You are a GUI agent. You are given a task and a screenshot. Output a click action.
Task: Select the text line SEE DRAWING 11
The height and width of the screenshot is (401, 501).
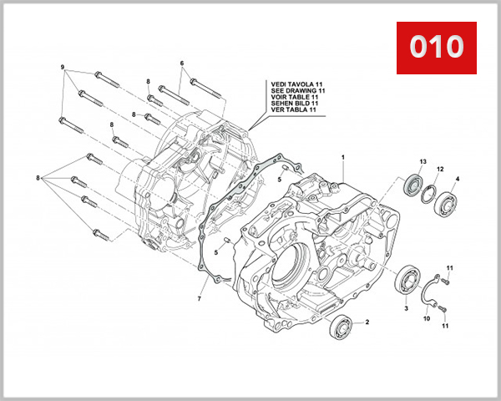tap(294, 90)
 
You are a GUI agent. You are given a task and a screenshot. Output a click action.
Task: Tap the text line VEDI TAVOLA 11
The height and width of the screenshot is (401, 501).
tap(294, 84)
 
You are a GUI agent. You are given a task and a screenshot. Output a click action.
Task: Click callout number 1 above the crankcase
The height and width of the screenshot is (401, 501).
tap(342, 157)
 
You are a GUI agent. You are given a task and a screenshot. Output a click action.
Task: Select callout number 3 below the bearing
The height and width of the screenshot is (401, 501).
tap(406, 308)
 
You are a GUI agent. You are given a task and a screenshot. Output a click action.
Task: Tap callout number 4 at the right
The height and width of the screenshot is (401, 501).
tap(457, 179)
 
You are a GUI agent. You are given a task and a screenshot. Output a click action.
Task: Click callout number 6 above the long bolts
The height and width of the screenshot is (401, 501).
tap(181, 63)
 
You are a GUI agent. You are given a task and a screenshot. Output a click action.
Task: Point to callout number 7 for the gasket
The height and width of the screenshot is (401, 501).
tap(200, 298)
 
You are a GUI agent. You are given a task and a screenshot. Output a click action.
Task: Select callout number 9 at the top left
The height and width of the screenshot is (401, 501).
tap(62, 66)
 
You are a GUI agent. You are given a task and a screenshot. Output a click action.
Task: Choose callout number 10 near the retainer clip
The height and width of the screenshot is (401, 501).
tap(426, 318)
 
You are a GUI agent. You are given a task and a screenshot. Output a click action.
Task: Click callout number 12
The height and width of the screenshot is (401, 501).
tap(439, 169)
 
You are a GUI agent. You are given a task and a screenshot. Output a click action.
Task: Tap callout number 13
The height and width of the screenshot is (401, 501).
tap(423, 160)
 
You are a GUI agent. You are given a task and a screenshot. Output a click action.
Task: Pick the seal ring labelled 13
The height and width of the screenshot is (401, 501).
tap(412, 184)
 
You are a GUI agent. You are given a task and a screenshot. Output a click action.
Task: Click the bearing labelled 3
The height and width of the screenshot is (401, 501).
tap(408, 277)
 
